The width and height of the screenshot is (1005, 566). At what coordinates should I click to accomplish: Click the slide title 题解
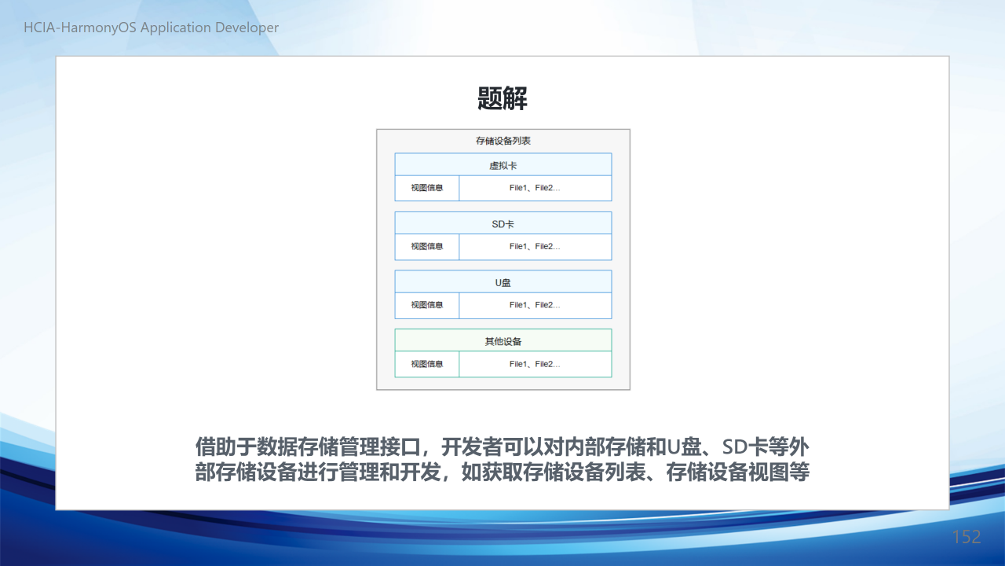coord(502,98)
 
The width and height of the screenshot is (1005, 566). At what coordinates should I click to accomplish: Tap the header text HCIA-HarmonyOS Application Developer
coord(152,28)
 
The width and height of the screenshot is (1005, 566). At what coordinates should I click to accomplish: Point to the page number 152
coord(967,537)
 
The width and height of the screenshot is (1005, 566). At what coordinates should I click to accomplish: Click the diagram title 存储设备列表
coord(503,141)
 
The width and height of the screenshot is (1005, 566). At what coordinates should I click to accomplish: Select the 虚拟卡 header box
coord(503,164)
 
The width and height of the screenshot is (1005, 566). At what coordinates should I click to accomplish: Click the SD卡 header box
coord(503,222)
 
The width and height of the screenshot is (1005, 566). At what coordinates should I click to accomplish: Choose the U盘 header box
coord(503,281)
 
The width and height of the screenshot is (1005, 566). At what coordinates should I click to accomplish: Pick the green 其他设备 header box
coord(503,340)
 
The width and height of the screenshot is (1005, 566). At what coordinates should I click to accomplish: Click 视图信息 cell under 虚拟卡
coord(427,188)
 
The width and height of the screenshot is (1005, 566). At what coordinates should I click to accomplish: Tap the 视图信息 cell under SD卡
coord(427,247)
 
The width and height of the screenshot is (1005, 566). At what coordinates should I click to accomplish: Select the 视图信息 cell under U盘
coord(427,306)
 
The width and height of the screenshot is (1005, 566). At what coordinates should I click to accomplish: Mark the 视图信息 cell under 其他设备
coord(427,364)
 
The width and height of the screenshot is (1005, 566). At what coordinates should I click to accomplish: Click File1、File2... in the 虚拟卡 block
coord(535,188)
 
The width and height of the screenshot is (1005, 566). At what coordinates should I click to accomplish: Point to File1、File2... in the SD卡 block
coord(535,247)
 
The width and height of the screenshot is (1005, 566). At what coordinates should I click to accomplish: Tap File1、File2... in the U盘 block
coord(535,305)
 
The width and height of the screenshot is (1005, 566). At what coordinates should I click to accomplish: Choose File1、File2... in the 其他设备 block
coord(535,364)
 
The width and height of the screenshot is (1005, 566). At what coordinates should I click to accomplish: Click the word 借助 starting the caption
coord(215,447)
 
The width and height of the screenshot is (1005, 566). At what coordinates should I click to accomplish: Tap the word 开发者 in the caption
coord(472,447)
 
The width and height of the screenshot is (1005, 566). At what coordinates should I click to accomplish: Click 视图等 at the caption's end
coord(780,472)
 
